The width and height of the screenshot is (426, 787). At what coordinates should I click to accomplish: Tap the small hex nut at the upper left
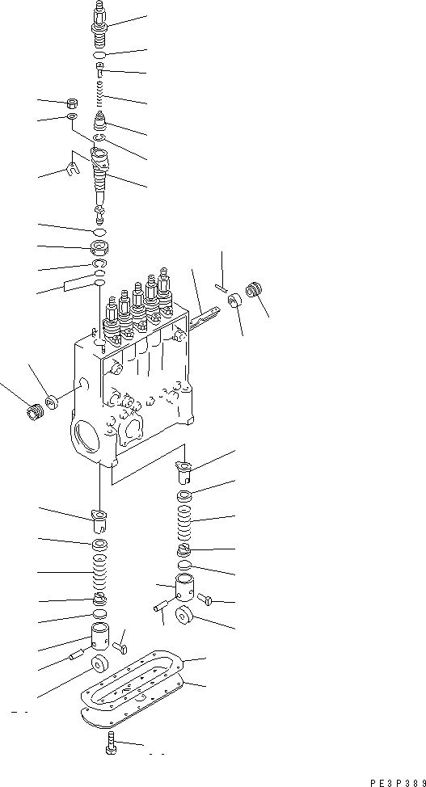[x=72, y=103]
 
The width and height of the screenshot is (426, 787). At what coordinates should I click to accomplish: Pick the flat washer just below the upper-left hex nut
[x=72, y=118]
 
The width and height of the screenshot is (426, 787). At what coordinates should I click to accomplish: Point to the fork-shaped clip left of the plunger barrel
[x=72, y=168]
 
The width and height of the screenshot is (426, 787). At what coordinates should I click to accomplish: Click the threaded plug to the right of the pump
[x=256, y=288]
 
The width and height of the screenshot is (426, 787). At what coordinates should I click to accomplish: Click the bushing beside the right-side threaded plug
[x=235, y=303]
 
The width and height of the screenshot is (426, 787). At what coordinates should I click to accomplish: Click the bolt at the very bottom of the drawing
[x=111, y=745]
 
